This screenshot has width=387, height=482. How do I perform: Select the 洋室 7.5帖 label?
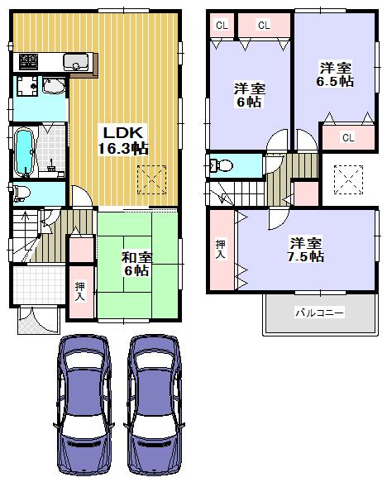point(305,249)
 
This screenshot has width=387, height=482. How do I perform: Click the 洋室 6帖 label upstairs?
point(248,96)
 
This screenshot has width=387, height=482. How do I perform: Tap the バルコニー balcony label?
point(319,313)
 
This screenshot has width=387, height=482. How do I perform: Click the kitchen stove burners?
point(29,60)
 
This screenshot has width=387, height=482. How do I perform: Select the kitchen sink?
point(77,60)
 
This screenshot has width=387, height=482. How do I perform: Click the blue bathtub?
point(24,151)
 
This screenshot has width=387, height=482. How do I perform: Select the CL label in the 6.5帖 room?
point(347,137)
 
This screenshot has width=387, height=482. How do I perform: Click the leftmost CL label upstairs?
point(221,26)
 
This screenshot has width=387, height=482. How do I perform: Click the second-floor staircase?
point(244,193)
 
